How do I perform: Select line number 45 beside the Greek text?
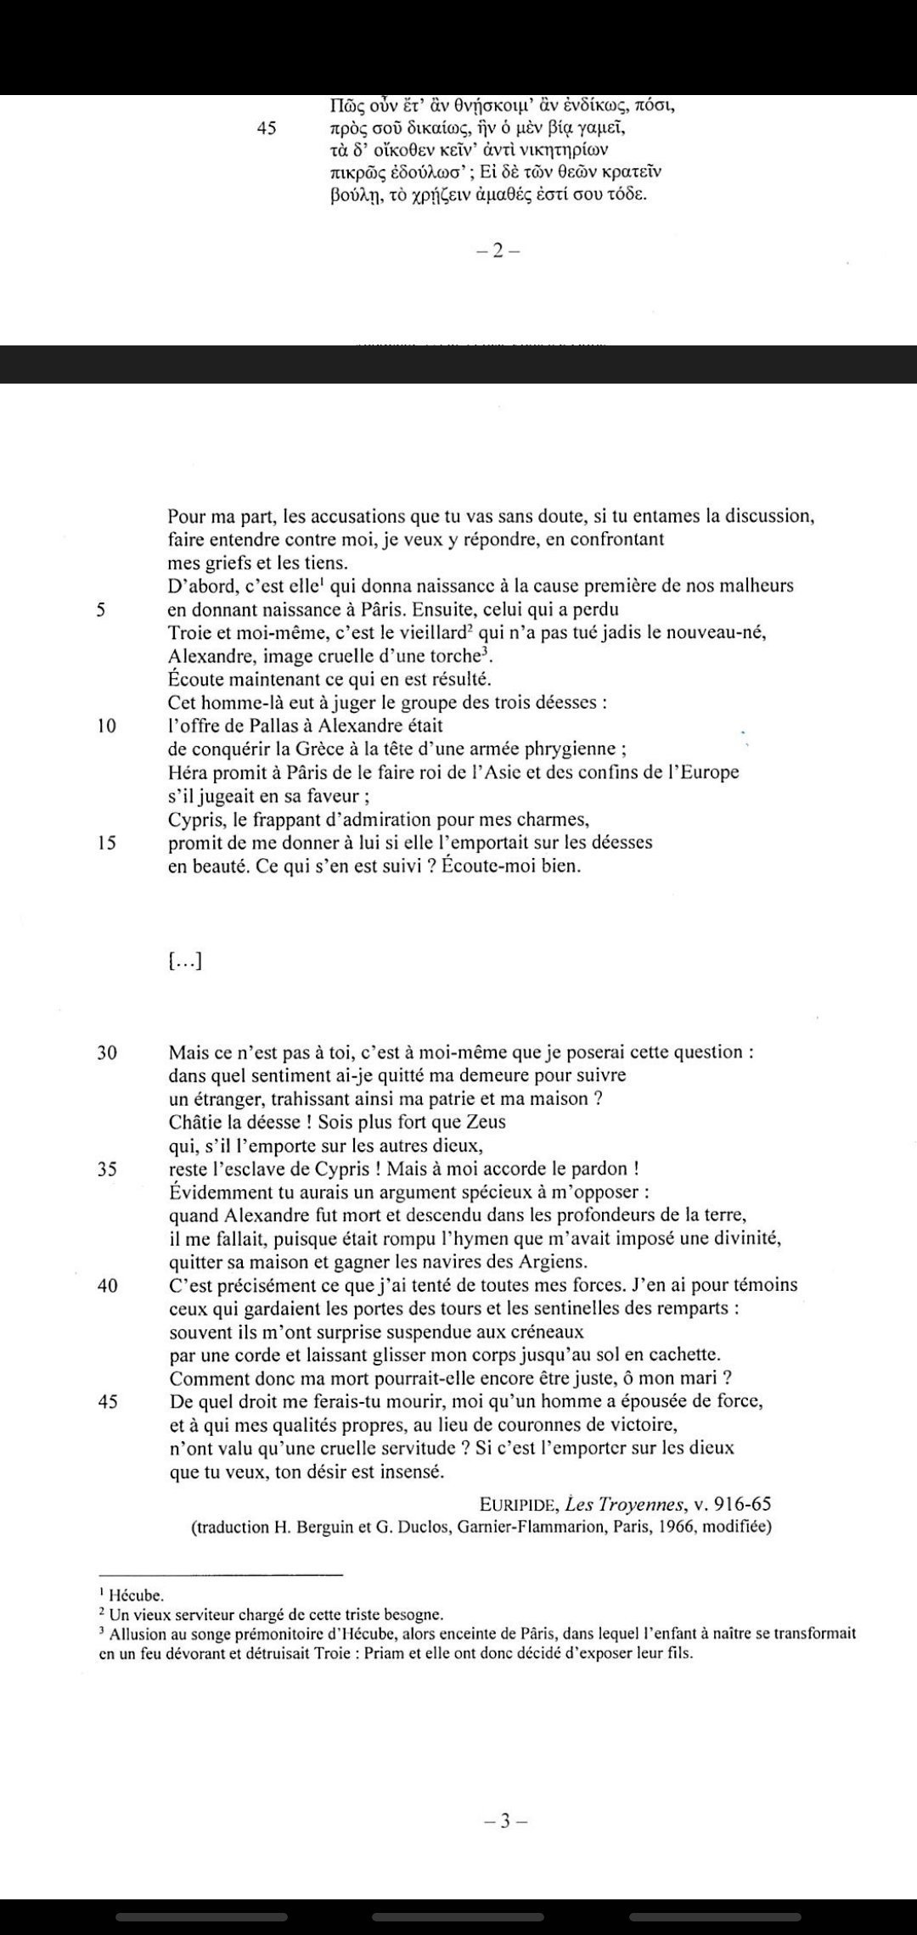click(x=266, y=129)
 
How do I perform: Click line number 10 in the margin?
click(x=107, y=726)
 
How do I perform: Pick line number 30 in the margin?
click(x=107, y=1052)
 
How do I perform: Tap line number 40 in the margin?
click(x=107, y=1285)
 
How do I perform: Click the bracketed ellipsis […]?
click(x=184, y=961)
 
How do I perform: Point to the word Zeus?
click(x=485, y=1122)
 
